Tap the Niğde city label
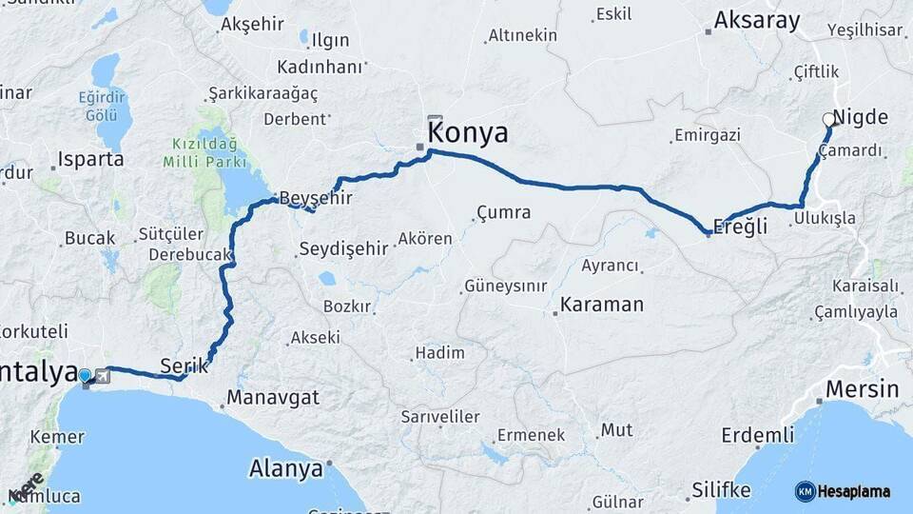[x=860, y=118]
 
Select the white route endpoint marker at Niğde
[x=828, y=120]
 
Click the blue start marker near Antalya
[x=86, y=376]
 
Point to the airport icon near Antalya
[x=102, y=376]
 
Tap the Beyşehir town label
[x=314, y=198]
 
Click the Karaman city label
[x=601, y=306]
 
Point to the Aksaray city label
[x=757, y=21]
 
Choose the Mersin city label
[x=862, y=388]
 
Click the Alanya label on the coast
[x=285, y=468]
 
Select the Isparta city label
[x=91, y=159]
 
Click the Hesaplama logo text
[x=854, y=492]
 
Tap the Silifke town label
[x=721, y=491]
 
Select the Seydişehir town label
[x=343, y=248]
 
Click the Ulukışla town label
[x=824, y=218]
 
